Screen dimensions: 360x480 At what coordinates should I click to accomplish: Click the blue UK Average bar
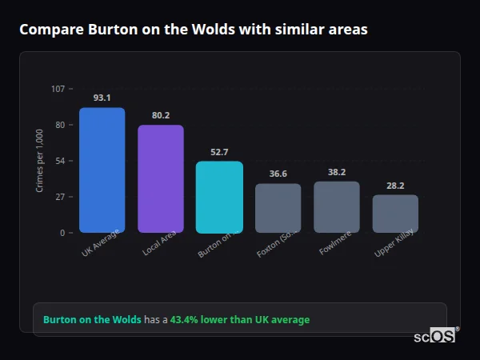click(102, 170)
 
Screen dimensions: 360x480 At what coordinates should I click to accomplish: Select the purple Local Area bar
click(160, 178)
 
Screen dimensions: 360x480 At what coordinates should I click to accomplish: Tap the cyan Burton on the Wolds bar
click(219, 197)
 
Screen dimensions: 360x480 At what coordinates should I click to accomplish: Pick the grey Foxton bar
click(278, 208)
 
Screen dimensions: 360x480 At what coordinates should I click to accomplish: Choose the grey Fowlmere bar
click(337, 206)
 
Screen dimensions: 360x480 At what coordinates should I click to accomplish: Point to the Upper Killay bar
click(395, 214)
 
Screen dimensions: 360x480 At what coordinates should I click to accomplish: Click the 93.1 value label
click(102, 98)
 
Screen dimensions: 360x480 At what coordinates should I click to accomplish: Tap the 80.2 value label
click(160, 115)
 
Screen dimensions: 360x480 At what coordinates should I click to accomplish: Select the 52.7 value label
click(219, 152)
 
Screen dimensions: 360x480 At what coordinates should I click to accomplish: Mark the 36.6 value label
click(278, 174)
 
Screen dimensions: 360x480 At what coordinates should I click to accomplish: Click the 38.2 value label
click(337, 172)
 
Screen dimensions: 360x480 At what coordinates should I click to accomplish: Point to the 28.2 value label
click(395, 185)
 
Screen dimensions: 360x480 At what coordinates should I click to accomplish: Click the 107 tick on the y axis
click(58, 89)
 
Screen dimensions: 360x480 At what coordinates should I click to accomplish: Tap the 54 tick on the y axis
click(60, 161)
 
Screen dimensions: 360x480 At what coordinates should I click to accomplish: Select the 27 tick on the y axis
click(60, 197)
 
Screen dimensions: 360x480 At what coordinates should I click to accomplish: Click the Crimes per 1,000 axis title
click(40, 160)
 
